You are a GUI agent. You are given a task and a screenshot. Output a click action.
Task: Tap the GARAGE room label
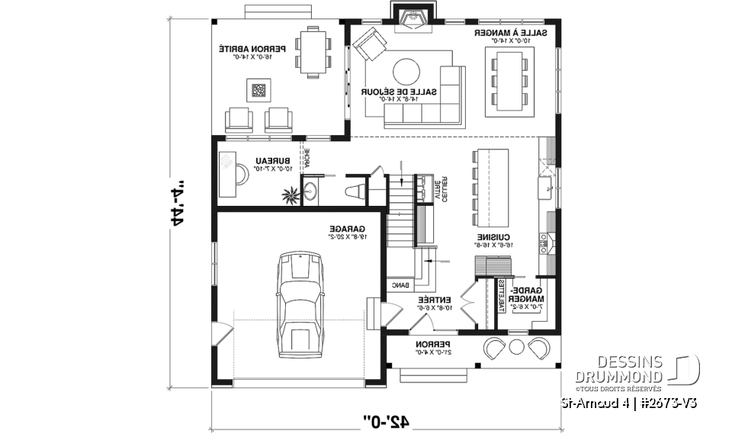point(346,228)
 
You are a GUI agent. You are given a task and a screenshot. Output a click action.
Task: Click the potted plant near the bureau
point(291,195)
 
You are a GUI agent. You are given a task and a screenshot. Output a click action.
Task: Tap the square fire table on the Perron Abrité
point(260,92)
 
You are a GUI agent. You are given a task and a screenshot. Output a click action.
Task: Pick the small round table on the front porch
point(516,347)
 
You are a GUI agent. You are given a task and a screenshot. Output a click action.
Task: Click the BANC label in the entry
point(401,285)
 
